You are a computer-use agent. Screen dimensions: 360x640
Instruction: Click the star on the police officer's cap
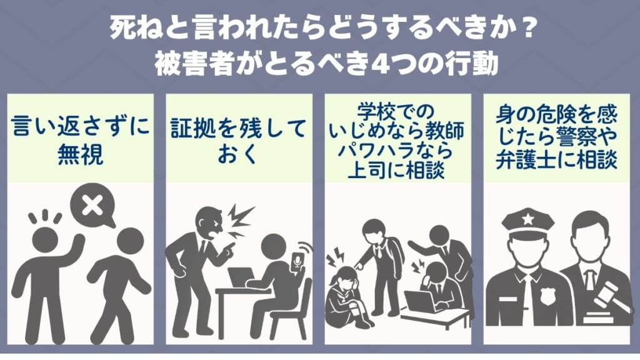pos(528,221)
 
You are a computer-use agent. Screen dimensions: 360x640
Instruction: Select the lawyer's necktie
pos(589,282)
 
